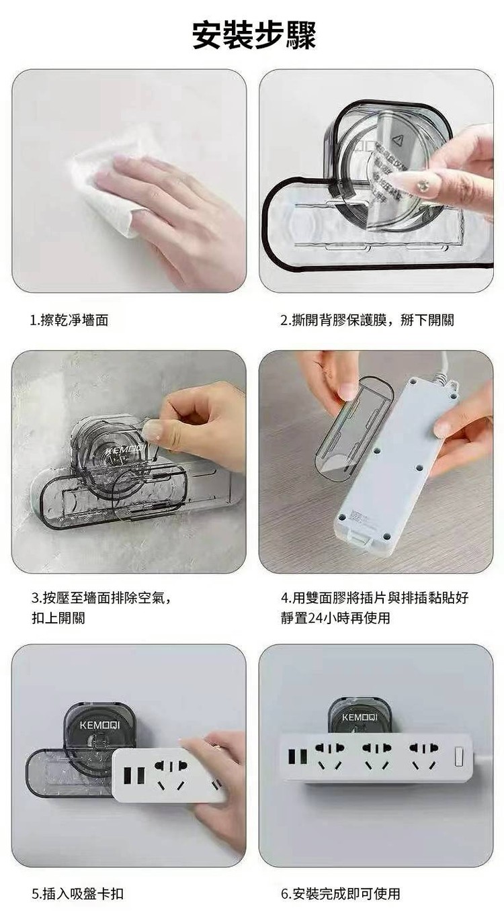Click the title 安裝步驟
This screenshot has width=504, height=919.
(254, 35)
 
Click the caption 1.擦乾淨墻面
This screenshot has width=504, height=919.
(70, 320)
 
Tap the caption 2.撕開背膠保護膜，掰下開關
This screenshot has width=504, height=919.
(368, 320)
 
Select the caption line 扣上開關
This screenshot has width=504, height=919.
(58, 617)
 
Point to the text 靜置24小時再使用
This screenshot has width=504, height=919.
(335, 617)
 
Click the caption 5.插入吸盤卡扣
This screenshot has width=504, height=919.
(77, 893)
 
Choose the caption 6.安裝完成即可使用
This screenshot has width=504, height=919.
(341, 893)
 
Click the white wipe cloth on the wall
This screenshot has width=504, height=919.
(109, 189)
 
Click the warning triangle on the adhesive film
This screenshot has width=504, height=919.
(397, 140)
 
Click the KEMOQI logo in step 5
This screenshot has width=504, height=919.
(99, 726)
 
